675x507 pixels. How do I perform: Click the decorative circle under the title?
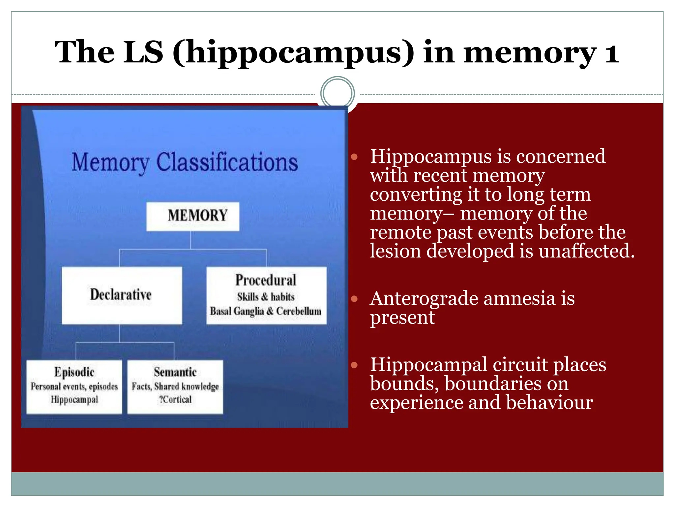[337, 93]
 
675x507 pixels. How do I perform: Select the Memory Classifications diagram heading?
[185, 162]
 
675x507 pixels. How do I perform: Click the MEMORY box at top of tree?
[193, 216]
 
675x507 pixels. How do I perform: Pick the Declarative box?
[122, 295]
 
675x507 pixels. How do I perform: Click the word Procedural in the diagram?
[266, 280]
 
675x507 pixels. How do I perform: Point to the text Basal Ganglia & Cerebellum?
[266, 311]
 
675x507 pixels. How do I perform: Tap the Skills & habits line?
[266, 297]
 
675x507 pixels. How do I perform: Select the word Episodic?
[74, 372]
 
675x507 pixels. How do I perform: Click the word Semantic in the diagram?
[175, 372]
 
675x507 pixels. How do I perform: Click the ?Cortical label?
[175, 399]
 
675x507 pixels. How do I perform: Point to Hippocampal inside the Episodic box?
[74, 399]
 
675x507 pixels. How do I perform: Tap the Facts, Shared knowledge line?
[175, 386]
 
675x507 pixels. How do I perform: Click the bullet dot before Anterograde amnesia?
[354, 299]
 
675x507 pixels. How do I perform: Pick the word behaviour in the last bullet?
[549, 403]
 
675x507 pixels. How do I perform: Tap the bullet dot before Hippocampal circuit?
[354, 365]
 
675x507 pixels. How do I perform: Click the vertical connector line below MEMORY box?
[191, 240]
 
